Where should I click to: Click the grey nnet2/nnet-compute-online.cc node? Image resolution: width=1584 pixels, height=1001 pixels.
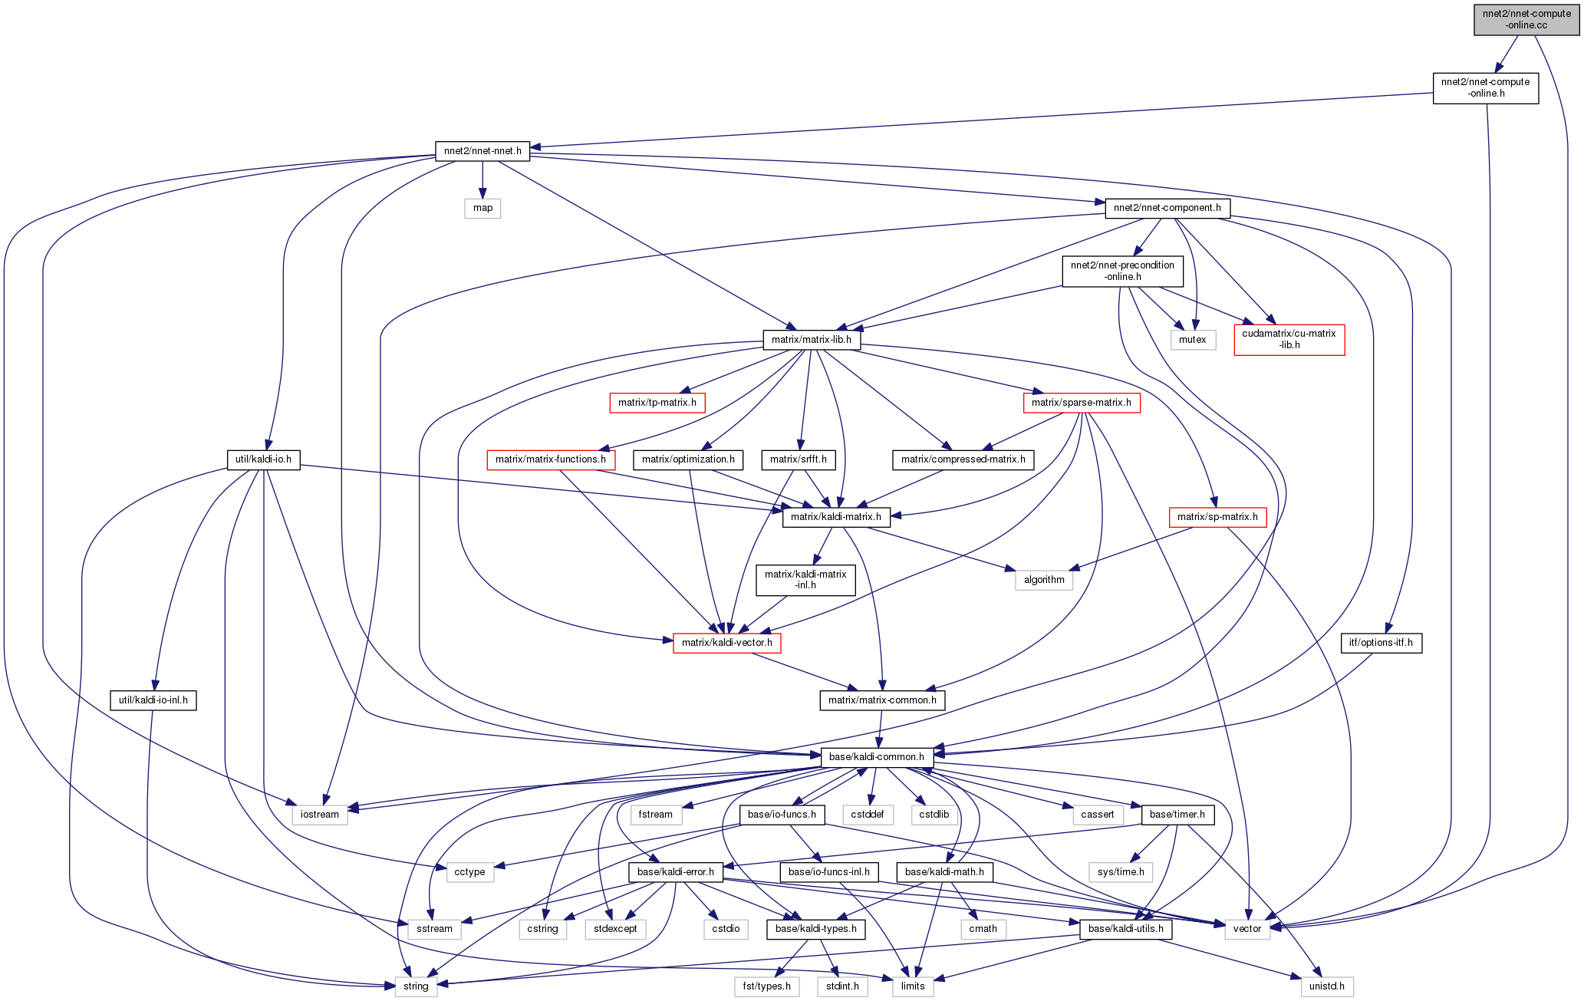point(1526,19)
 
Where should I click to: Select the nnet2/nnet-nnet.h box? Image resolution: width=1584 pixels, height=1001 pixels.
point(482,151)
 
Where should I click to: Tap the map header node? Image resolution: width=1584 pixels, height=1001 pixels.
point(482,208)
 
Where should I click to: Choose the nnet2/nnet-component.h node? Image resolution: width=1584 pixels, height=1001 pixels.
point(1167,208)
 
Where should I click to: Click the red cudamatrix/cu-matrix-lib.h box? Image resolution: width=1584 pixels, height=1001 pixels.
point(1289,339)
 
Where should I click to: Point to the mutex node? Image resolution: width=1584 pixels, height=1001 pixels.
point(1192,340)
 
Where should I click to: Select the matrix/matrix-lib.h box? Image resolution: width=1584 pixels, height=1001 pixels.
point(812,340)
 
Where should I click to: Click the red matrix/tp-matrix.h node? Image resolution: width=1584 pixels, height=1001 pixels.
point(657,403)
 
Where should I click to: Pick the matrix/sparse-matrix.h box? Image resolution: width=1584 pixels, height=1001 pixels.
point(1081,403)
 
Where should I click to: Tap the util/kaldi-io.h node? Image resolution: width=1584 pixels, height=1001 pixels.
point(263,459)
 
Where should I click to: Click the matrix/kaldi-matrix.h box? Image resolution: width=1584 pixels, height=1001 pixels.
point(836,517)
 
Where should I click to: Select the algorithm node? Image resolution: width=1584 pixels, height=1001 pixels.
point(1044,580)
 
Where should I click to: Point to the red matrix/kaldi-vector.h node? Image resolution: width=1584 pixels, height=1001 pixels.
point(726,643)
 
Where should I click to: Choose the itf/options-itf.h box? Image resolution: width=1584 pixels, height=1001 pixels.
point(1381,643)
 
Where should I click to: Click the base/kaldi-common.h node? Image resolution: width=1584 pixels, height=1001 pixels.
point(877,757)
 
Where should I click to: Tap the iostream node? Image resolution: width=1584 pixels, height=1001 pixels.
point(319,815)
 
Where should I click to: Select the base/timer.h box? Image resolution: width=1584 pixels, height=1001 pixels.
point(1177,815)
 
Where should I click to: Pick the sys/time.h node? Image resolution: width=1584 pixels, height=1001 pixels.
point(1121,872)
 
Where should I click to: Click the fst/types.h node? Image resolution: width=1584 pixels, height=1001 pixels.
point(766,986)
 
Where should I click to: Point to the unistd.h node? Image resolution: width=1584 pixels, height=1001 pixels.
point(1326,986)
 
